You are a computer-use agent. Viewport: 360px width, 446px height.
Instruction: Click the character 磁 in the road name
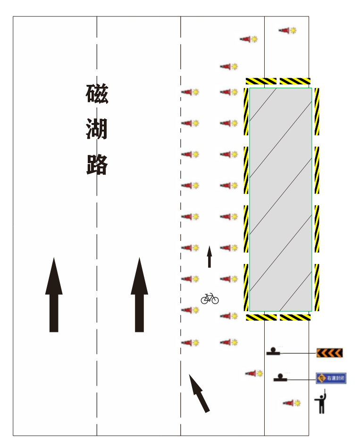97,94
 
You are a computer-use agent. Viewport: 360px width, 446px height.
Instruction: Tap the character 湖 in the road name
97,129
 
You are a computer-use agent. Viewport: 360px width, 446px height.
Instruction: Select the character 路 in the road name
97,164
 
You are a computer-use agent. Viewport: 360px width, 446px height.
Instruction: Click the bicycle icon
210,298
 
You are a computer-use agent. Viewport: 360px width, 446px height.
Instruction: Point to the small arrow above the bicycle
209,256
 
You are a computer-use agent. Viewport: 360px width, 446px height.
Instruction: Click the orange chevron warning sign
329,353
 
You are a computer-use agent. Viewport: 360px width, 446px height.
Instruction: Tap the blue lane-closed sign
331,378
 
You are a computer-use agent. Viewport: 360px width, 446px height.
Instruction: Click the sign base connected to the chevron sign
274,351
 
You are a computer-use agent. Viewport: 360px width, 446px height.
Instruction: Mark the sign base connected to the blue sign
281,378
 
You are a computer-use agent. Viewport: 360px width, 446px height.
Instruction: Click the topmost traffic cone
287,31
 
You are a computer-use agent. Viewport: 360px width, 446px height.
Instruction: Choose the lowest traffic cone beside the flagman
291,403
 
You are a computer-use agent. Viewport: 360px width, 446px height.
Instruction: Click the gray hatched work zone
280,199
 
